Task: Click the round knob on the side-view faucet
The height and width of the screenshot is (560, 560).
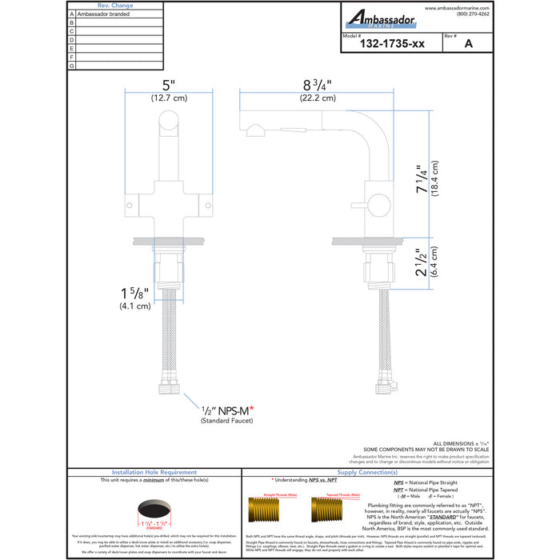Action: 377,210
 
